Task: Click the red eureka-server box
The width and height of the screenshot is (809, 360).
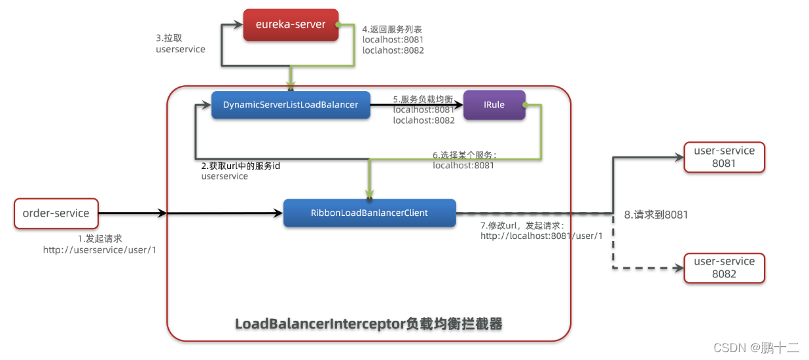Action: [291, 26]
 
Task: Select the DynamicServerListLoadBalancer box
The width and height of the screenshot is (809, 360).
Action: [291, 105]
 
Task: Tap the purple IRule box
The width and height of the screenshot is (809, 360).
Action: [494, 105]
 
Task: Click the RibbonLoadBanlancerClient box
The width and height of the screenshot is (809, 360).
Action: [369, 213]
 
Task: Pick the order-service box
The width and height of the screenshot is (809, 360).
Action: [56, 213]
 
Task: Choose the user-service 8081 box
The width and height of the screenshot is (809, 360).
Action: [724, 157]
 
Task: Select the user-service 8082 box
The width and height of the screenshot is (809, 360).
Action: [724, 268]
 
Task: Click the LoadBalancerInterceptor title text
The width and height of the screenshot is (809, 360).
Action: [369, 324]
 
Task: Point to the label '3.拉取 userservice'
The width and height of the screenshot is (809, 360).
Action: [180, 43]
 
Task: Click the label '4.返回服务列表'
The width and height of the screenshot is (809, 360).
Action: [392, 29]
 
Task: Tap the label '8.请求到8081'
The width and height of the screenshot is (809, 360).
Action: [656, 215]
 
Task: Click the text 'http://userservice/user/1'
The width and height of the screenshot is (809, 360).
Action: [99, 250]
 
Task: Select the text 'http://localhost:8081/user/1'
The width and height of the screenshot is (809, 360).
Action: [541, 236]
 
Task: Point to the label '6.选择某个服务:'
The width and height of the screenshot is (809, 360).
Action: [465, 155]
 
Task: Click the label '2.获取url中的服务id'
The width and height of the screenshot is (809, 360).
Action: [240, 166]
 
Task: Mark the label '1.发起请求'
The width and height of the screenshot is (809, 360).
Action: [100, 239]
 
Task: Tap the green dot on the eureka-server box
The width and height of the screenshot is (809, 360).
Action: [338, 26]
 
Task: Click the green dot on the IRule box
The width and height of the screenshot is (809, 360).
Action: [525, 105]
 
